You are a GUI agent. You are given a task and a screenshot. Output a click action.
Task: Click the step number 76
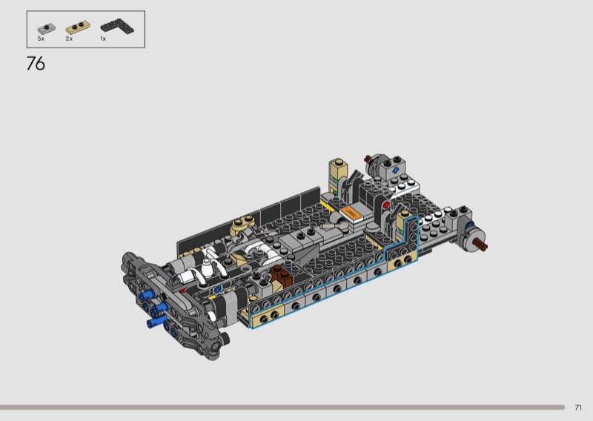[36, 64]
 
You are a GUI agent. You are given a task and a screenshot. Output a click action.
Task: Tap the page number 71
[578, 408]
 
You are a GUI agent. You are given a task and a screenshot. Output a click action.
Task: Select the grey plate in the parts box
[47, 28]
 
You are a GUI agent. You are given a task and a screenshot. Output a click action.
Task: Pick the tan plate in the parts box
[79, 27]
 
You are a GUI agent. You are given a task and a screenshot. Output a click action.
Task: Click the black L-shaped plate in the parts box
[117, 27]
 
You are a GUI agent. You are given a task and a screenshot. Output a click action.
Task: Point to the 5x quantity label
[41, 39]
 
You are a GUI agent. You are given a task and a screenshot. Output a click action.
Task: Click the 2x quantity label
[69, 39]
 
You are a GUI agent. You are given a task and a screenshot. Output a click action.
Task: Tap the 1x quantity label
[103, 39]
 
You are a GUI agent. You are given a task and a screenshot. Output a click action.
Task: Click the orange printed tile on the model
[350, 213]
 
